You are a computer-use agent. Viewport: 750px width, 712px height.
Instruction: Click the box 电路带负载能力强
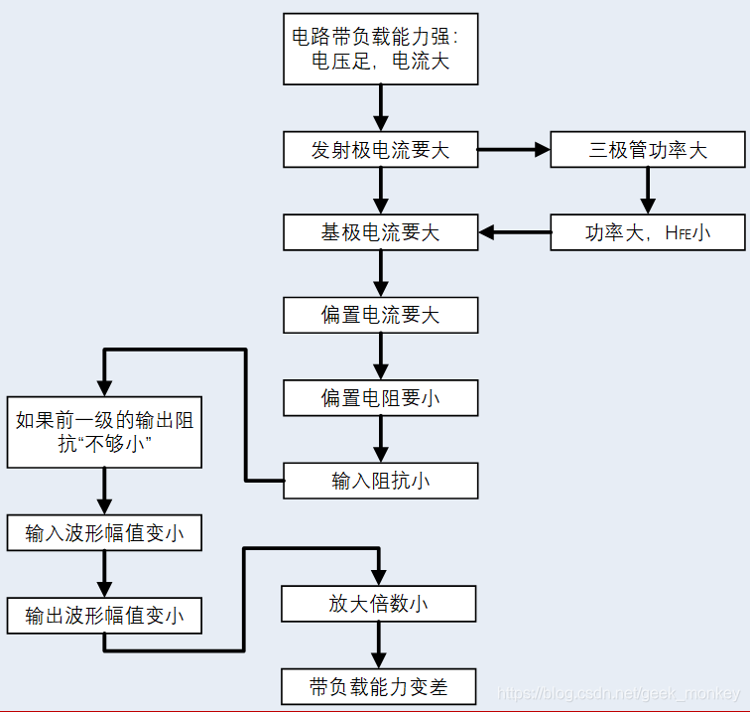380,49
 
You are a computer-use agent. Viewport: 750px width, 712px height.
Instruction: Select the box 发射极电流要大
380,150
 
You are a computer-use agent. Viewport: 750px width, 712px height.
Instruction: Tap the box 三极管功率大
647,150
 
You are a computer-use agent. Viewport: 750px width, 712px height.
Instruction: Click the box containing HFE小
647,233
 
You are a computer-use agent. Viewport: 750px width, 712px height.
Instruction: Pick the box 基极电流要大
380,232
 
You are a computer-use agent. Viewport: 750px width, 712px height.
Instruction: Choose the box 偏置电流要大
380,315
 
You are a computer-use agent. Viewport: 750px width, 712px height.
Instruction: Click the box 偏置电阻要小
380,398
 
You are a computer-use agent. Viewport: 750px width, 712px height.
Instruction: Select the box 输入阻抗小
380,481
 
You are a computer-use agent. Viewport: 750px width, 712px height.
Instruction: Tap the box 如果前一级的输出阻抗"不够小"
104,433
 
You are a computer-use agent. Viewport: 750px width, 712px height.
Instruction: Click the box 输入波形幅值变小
104,533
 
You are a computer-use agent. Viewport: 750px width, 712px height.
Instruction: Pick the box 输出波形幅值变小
104,616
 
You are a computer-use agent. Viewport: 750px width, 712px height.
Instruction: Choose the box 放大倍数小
378,604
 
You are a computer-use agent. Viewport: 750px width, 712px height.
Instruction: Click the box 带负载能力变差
378,686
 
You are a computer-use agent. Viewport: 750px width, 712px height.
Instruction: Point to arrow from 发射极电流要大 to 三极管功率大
514,150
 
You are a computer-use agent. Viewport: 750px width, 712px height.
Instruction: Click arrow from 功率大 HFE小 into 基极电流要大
515,233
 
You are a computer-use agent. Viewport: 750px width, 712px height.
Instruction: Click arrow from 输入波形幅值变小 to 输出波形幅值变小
104,574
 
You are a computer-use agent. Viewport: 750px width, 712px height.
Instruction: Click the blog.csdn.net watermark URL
616,693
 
